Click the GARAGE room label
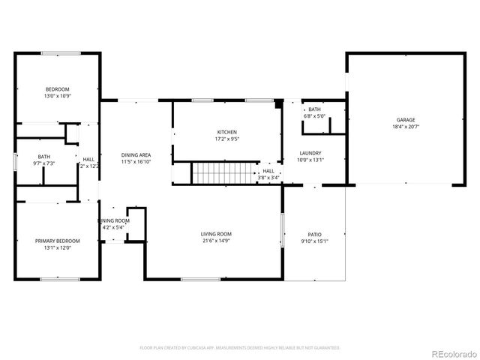click(406, 120)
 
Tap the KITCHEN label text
click(226, 132)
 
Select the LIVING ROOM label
click(215, 234)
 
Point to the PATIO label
click(313, 234)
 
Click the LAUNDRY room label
click(310, 153)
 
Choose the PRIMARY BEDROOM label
click(57, 241)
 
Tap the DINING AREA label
click(136, 155)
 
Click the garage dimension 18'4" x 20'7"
click(406, 127)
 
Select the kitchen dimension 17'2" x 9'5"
click(226, 139)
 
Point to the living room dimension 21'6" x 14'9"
click(215, 241)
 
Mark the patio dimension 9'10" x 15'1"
click(313, 241)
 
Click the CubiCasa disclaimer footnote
click(240, 348)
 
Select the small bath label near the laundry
click(313, 109)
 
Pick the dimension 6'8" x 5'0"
click(313, 116)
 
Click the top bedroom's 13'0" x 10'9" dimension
click(57, 96)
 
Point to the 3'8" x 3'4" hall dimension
click(268, 178)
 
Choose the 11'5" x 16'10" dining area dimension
click(136, 162)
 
